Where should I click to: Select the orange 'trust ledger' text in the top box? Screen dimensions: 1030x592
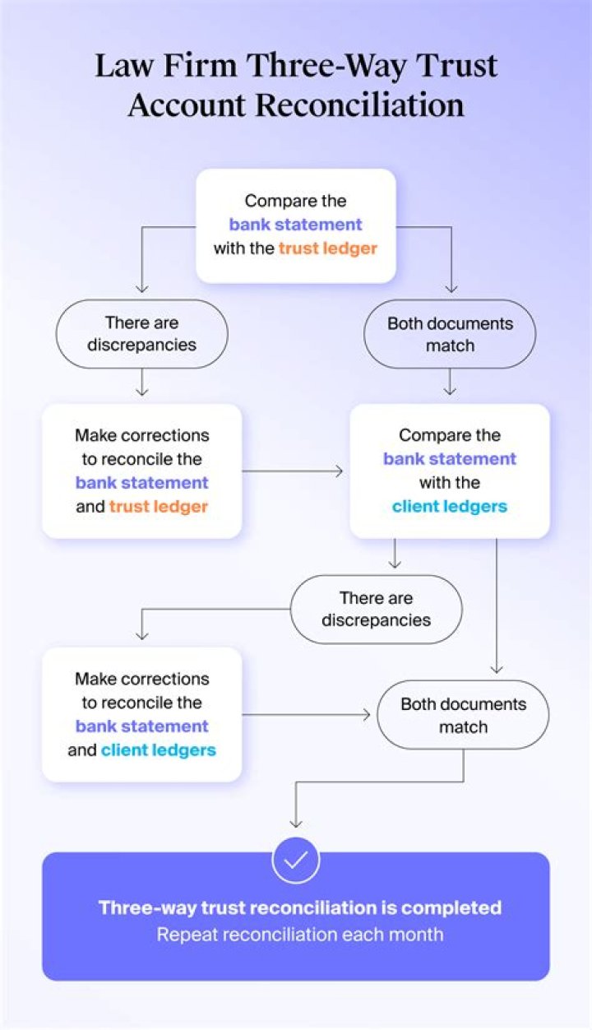coord(327,248)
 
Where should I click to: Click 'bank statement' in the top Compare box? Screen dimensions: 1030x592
coord(295,225)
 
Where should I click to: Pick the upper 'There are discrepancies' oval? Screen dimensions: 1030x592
coord(141,333)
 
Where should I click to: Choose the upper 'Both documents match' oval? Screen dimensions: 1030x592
coord(450,333)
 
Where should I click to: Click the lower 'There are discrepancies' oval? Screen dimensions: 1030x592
coord(376,609)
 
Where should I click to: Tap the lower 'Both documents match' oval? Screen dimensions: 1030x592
coord(463,715)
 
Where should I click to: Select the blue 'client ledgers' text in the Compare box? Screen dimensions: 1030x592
coord(450,506)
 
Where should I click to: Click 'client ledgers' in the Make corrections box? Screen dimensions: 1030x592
coord(159,749)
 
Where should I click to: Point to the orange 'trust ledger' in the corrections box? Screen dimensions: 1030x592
coord(158,507)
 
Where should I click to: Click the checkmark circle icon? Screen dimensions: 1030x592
coord(296,860)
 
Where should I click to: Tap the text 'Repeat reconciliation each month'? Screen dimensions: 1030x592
coord(300,935)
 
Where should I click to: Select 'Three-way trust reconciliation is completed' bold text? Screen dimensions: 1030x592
coord(300,907)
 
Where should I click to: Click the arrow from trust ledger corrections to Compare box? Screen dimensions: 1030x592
coord(294,471)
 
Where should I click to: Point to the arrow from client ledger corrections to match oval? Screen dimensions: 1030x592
coord(308,715)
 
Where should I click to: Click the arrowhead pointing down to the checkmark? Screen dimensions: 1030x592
coord(296,822)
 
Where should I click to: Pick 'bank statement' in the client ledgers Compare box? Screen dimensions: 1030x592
coord(450,458)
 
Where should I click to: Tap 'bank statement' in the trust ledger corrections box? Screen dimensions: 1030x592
coord(141,483)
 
